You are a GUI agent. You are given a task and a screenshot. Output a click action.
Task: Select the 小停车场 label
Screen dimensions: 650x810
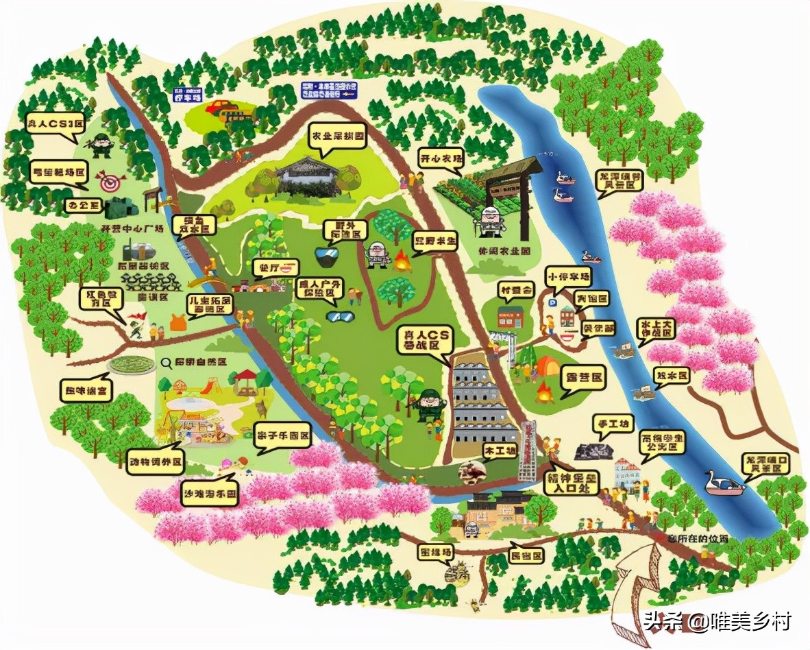[569, 276]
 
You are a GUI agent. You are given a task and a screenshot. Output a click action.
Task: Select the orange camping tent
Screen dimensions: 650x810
[546, 367]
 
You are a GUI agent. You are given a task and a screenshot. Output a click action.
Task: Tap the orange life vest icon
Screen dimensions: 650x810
[177, 322]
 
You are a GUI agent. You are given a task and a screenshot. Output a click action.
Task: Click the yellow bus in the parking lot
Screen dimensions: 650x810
[220, 107]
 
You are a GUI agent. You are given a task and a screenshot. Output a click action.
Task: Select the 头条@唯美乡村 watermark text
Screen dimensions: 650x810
[717, 622]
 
